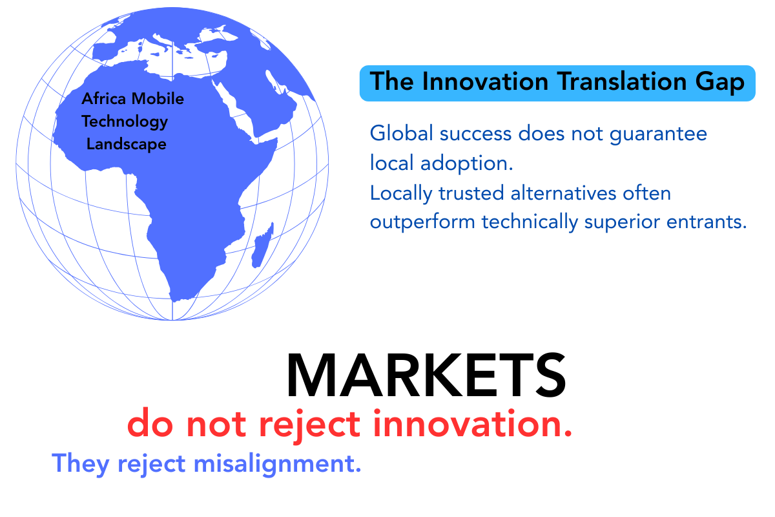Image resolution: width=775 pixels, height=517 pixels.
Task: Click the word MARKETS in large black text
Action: (426, 376)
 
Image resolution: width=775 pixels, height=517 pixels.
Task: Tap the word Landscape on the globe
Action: (127, 144)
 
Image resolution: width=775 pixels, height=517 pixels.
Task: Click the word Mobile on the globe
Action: (158, 99)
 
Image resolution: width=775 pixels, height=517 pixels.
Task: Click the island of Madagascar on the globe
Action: (261, 251)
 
